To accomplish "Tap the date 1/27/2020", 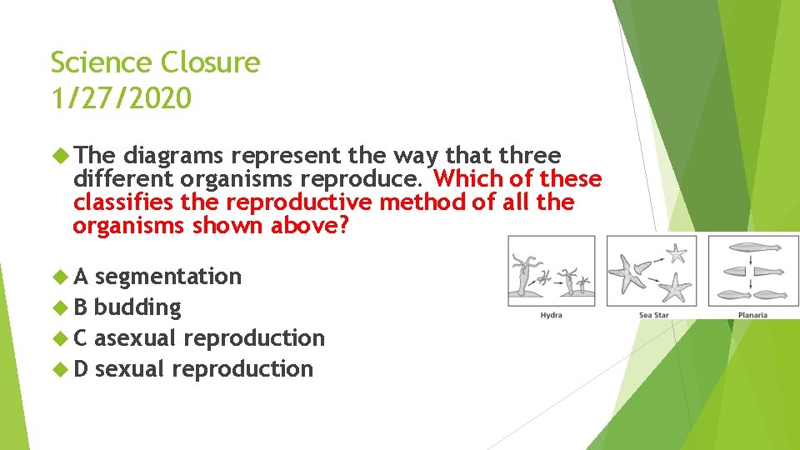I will [121, 98].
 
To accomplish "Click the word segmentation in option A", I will [167, 277].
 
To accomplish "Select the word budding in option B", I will [137, 307].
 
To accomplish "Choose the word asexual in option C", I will [136, 338].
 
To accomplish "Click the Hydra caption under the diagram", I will [551, 315].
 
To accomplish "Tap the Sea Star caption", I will [654, 315].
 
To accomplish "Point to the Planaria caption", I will [752, 315].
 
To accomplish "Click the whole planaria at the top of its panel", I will [752, 247].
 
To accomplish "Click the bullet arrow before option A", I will [58, 277].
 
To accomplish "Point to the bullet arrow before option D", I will [58, 369].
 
